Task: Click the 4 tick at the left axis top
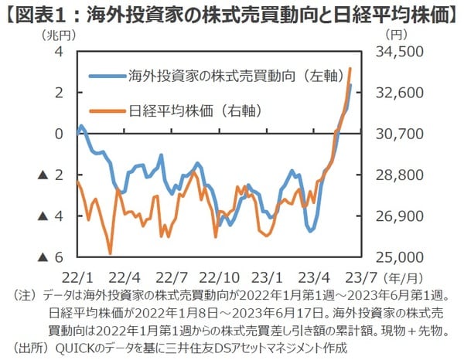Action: click(58, 52)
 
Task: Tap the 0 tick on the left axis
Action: click(58, 134)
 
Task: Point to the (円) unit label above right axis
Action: click(394, 34)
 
